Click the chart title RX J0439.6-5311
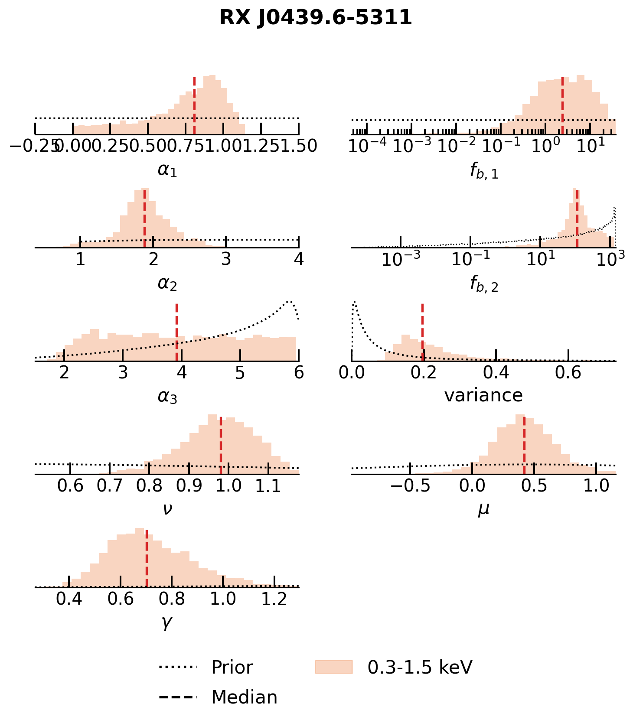(316, 18)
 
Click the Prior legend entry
(232, 668)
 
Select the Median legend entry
(244, 697)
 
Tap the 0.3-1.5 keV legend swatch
(333, 667)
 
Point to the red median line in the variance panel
(422, 332)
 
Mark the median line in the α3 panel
(176, 332)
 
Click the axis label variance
(483, 395)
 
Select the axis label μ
(483, 509)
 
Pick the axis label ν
(167, 509)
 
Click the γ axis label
(167, 622)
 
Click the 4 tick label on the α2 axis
(298, 259)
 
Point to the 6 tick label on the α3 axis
(298, 373)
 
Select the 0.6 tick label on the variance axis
(568, 373)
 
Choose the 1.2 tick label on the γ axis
(274, 599)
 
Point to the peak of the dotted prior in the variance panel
(355, 302)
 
